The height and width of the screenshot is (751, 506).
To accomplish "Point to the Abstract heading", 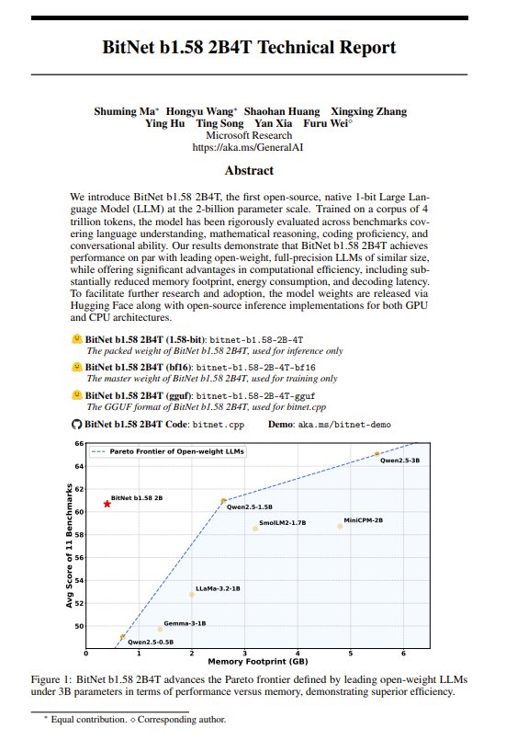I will [x=249, y=170].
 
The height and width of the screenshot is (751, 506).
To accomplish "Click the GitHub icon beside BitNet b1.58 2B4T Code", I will [x=76, y=426].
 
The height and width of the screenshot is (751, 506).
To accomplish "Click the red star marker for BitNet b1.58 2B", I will [x=107, y=504].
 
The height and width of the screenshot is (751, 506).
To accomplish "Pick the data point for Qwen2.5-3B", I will [x=377, y=454].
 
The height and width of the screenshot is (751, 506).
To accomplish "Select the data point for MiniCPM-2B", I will [x=340, y=526].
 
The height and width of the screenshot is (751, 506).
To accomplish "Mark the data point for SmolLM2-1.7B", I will [x=255, y=529].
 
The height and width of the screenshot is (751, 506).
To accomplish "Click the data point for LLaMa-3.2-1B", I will [x=192, y=594].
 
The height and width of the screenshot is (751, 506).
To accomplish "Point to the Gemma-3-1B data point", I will [x=160, y=629].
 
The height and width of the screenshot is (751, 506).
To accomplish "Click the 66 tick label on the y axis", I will [x=78, y=443].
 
